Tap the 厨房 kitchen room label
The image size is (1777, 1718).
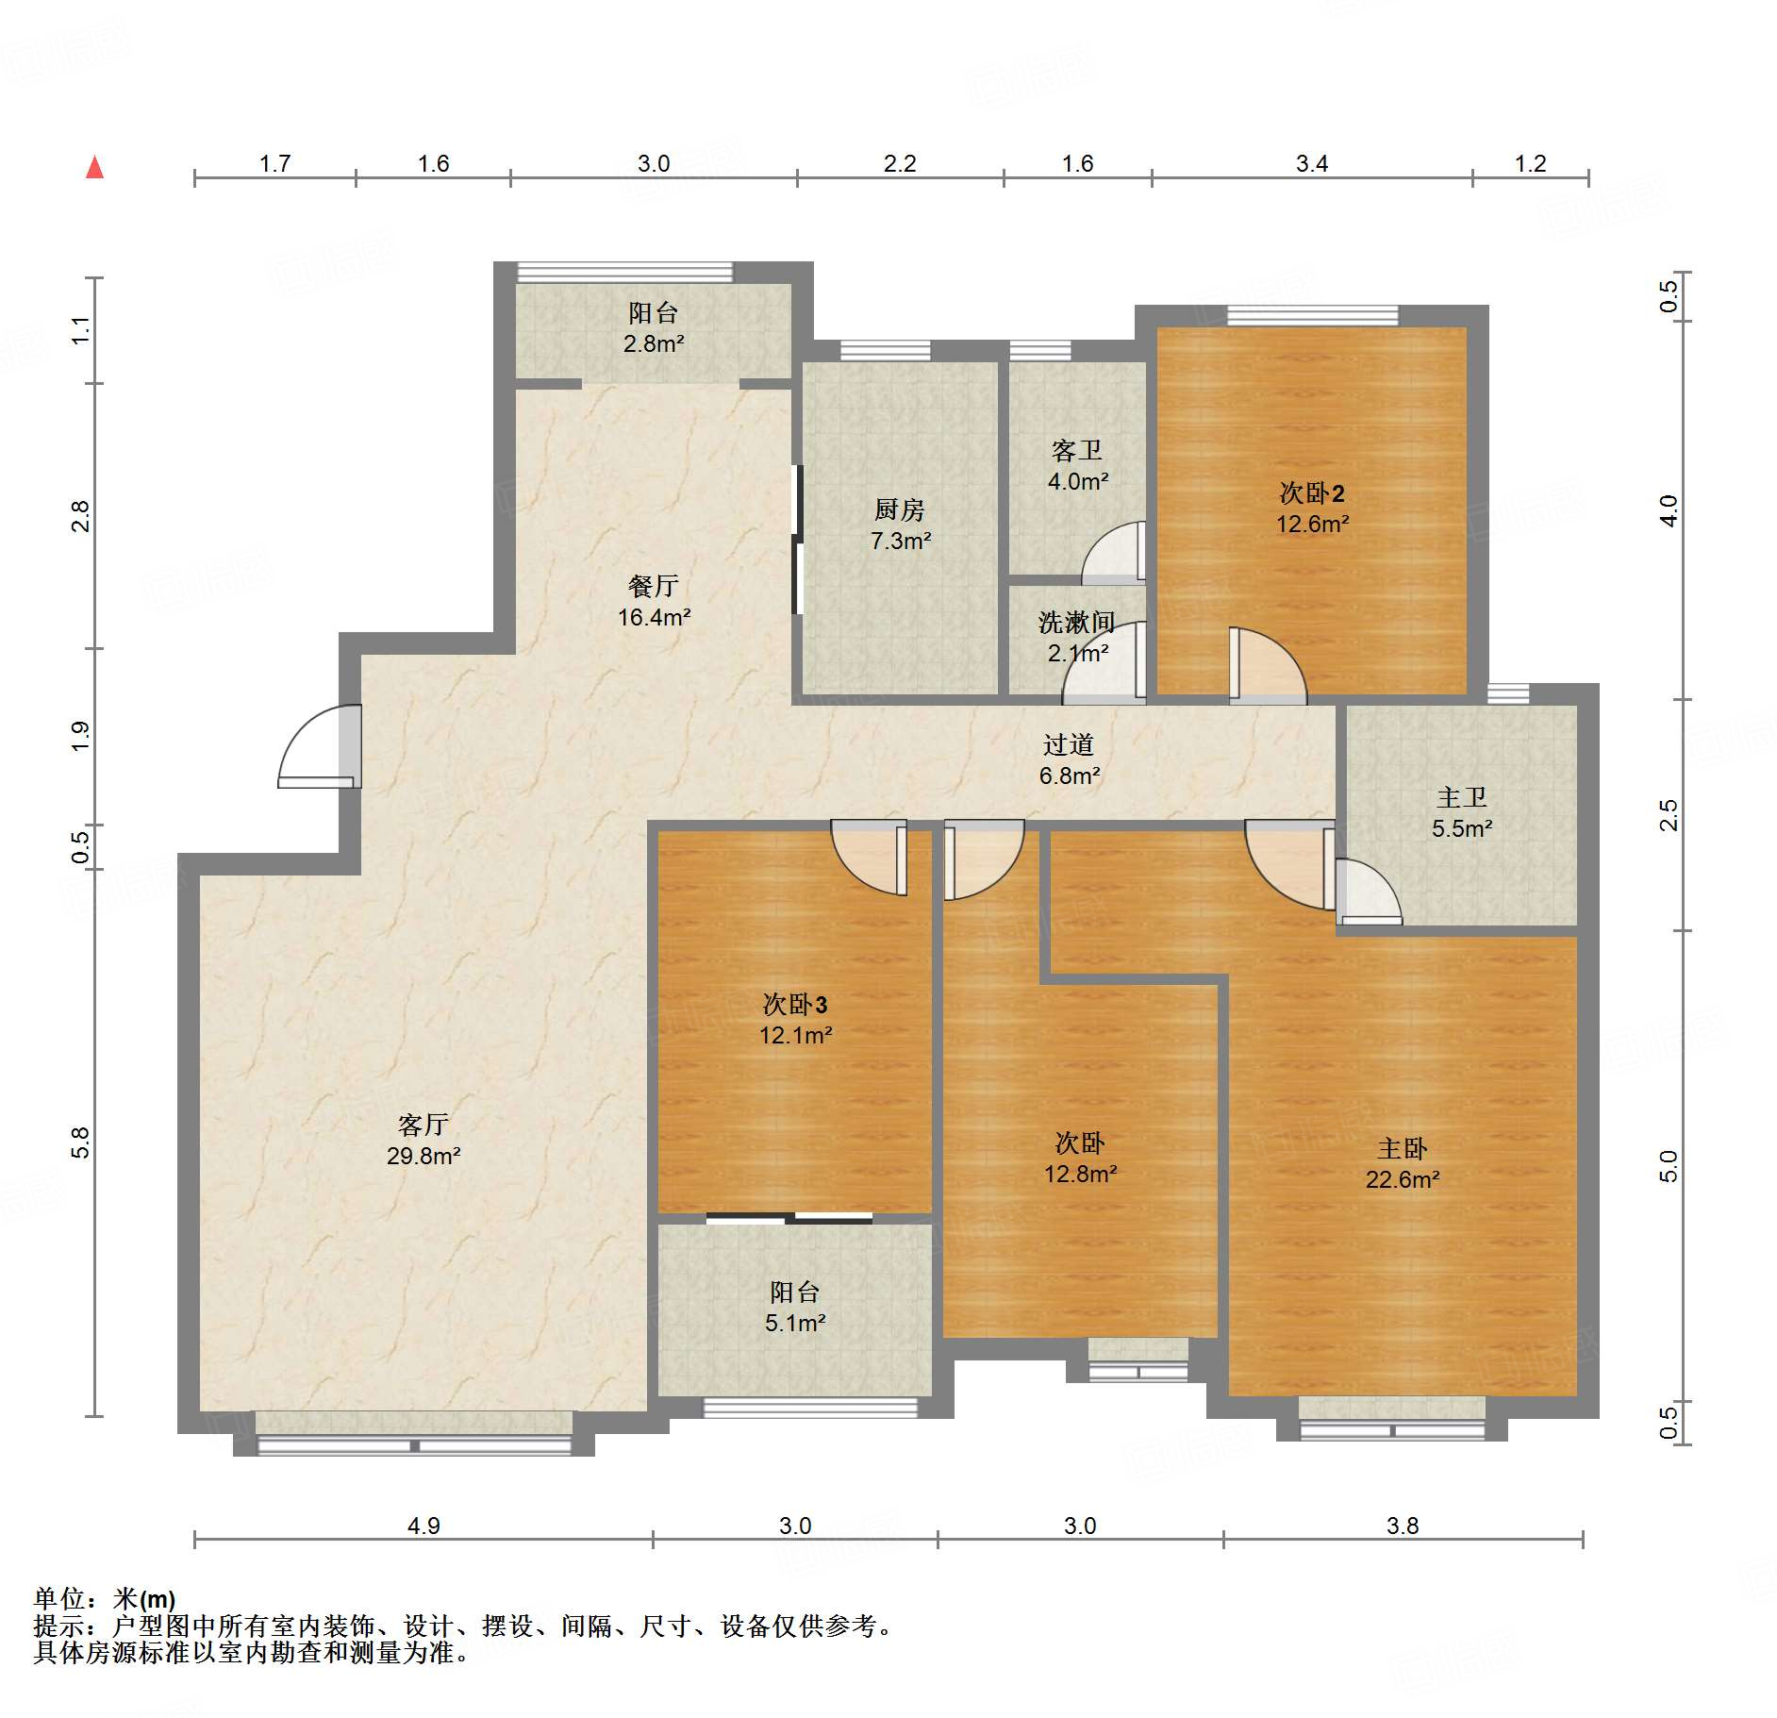pos(899,510)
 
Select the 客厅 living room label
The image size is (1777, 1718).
pos(423,1125)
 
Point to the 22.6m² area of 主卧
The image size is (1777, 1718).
pos(1403,1179)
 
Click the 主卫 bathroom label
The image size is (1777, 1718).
pos(1461,798)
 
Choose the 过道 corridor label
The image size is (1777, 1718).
pos(1069,745)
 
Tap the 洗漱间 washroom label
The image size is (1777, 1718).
pos(1076,623)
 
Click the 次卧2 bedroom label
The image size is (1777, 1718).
pos(1311,492)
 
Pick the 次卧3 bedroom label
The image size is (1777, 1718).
pos(794,1004)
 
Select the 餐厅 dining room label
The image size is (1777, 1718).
pos(653,587)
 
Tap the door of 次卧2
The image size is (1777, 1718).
pos(1269,666)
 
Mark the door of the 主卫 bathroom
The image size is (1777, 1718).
pos(1368,891)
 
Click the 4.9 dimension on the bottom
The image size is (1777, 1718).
pos(423,1526)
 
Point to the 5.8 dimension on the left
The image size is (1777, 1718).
pos(81,1143)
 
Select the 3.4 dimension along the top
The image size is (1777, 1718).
pos(1311,164)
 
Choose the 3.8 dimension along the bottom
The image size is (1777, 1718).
pos(1403,1526)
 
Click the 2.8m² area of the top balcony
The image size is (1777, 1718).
pos(653,343)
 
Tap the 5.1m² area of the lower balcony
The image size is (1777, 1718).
pos(795,1323)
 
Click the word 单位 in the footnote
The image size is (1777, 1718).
pos(59,1598)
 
